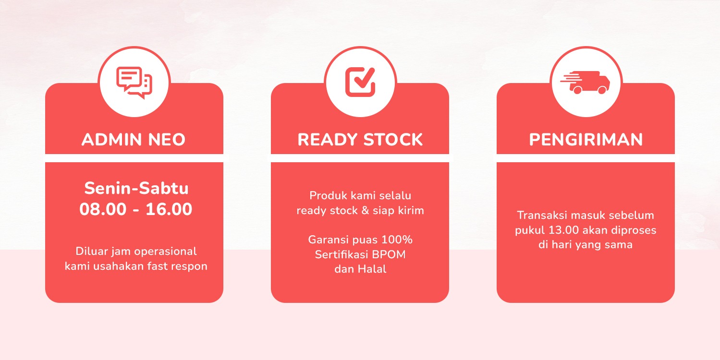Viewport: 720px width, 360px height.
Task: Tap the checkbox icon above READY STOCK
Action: click(x=360, y=82)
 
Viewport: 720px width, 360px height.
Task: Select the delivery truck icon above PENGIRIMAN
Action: click(x=585, y=83)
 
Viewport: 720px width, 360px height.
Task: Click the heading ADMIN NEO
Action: click(x=134, y=140)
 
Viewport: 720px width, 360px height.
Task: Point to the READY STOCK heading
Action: click(x=360, y=140)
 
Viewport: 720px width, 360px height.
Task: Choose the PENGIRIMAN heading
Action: click(x=586, y=140)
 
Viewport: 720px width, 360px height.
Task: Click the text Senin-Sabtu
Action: click(x=136, y=189)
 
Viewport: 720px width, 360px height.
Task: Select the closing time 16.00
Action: click(x=169, y=209)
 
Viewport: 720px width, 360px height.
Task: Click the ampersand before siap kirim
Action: click(x=364, y=211)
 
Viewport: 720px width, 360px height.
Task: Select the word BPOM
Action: click(x=389, y=254)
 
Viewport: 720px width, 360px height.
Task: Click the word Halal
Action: click(x=372, y=269)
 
